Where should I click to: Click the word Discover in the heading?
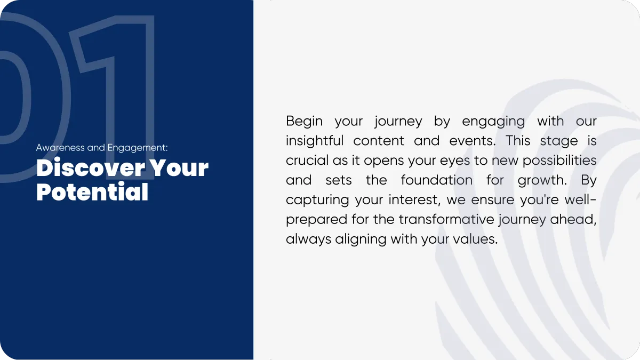[x=91, y=167]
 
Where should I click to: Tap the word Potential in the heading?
[x=92, y=191]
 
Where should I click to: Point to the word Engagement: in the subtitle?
[x=138, y=148]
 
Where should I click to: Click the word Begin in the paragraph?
[x=305, y=122]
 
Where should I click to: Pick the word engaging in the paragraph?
[x=493, y=122]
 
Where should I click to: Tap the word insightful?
[x=315, y=141]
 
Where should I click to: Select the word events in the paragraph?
[x=471, y=141]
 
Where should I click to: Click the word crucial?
[x=307, y=161]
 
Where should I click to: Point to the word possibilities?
[x=559, y=161]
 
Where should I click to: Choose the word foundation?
[x=437, y=180]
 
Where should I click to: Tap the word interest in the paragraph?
[x=412, y=199]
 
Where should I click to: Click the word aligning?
[x=361, y=239]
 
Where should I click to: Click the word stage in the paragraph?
[x=559, y=141]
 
